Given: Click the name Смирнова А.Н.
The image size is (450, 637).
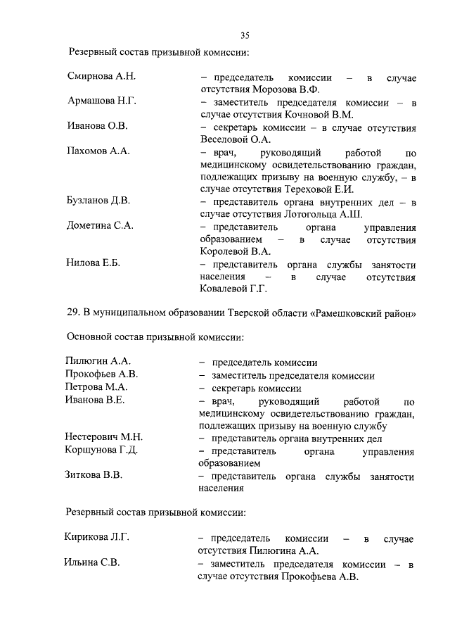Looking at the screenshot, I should [x=101, y=76].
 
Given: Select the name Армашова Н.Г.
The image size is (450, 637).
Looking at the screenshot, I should [x=101, y=101].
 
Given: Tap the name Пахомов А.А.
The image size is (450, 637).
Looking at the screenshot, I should [x=98, y=151].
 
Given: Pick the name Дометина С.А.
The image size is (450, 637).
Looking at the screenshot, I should [x=100, y=226].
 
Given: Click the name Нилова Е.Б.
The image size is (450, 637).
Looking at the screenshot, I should [x=94, y=263].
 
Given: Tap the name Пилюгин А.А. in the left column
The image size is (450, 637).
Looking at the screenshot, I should [x=98, y=362].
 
